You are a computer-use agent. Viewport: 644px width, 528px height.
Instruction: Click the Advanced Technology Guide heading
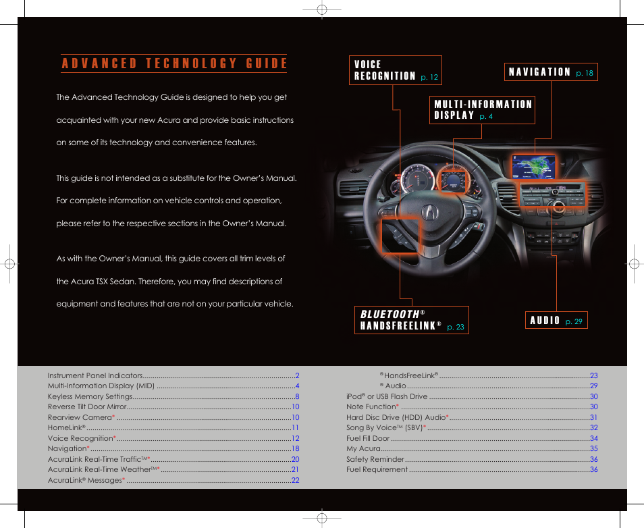point(174,64)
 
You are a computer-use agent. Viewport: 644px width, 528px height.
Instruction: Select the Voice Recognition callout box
point(396,70)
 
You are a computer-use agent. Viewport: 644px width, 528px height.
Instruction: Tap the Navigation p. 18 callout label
point(550,72)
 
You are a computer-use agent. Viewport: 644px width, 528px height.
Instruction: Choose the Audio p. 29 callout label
point(556,321)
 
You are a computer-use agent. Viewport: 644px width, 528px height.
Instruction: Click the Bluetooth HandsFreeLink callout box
point(411,320)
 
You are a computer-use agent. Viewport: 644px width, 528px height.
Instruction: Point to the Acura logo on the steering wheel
point(429,212)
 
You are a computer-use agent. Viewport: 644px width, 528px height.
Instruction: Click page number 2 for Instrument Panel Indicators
point(296,375)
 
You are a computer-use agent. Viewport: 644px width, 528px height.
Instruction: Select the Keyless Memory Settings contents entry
point(90,396)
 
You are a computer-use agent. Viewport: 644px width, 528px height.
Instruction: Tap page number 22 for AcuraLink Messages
point(295,480)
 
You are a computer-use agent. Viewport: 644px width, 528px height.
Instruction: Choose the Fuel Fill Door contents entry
point(368,438)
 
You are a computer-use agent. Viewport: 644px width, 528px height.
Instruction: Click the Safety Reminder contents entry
point(375,459)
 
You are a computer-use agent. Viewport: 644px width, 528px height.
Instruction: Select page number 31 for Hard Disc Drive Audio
point(593,417)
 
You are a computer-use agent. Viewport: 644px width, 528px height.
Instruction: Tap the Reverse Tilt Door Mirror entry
point(87,407)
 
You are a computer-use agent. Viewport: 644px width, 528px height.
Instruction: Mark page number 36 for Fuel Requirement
point(593,469)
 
